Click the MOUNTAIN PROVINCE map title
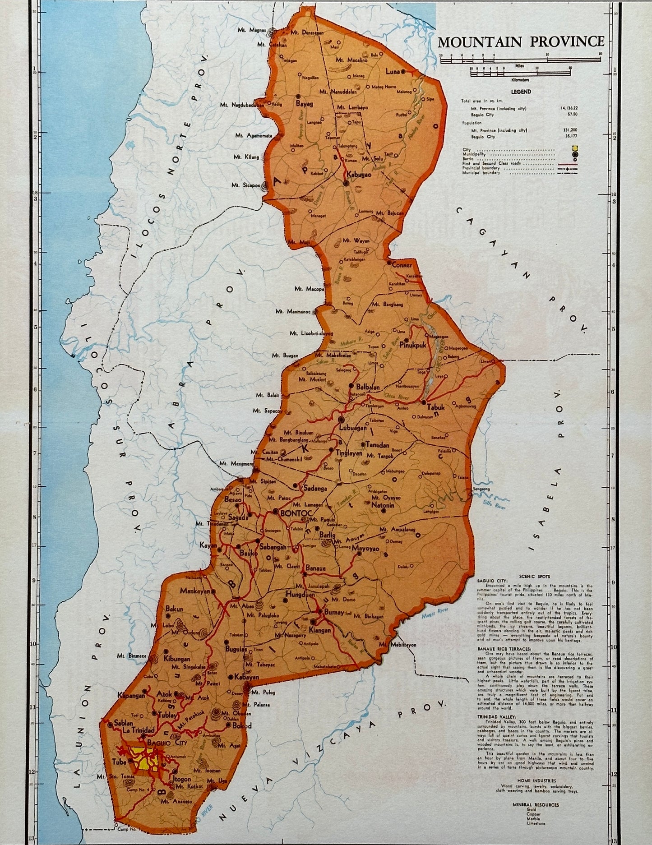click(x=521, y=42)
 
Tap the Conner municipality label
click(x=402, y=265)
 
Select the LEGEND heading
click(x=521, y=92)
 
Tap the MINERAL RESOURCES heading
click(x=536, y=804)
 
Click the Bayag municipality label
click(x=304, y=103)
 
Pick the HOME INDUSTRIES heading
click(x=536, y=780)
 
